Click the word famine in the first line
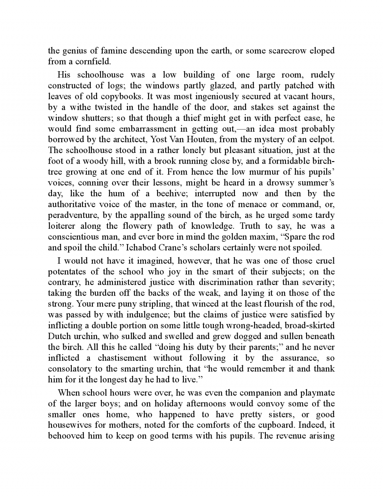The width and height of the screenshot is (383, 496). [x=111, y=50]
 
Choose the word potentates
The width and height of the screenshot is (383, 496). [x=68, y=272]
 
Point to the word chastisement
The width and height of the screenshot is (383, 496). [x=122, y=358]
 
